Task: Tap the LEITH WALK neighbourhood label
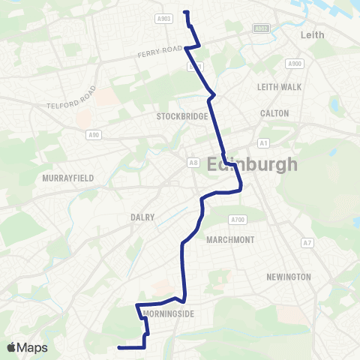279,87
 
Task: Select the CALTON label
274,113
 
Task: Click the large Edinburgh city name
251,164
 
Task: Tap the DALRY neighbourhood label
142,217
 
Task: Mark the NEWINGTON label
288,277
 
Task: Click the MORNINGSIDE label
168,313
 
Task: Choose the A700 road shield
238,219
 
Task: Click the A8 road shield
193,162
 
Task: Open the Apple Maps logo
26,347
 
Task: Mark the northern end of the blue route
184,12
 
